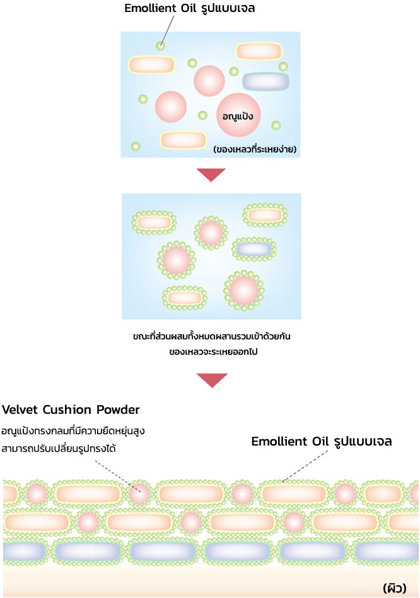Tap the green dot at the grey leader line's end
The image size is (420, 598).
(x=161, y=45)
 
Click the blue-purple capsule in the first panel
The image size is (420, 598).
(x=265, y=81)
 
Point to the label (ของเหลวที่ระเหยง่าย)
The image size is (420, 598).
(x=255, y=149)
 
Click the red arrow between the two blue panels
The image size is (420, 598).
(x=211, y=175)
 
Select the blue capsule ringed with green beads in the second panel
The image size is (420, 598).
(x=254, y=249)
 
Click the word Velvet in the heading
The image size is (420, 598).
(x=21, y=410)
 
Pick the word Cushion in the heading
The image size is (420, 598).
(x=68, y=410)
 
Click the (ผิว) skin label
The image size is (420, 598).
(x=395, y=587)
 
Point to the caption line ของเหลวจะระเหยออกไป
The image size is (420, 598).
(x=211, y=352)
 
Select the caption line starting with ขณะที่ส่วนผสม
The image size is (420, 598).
(x=211, y=337)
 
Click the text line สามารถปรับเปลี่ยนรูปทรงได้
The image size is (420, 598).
(x=59, y=449)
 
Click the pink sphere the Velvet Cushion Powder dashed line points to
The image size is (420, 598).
(x=139, y=493)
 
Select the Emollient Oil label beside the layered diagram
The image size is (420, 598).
(x=322, y=442)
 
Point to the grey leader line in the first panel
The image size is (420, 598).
(x=167, y=30)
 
